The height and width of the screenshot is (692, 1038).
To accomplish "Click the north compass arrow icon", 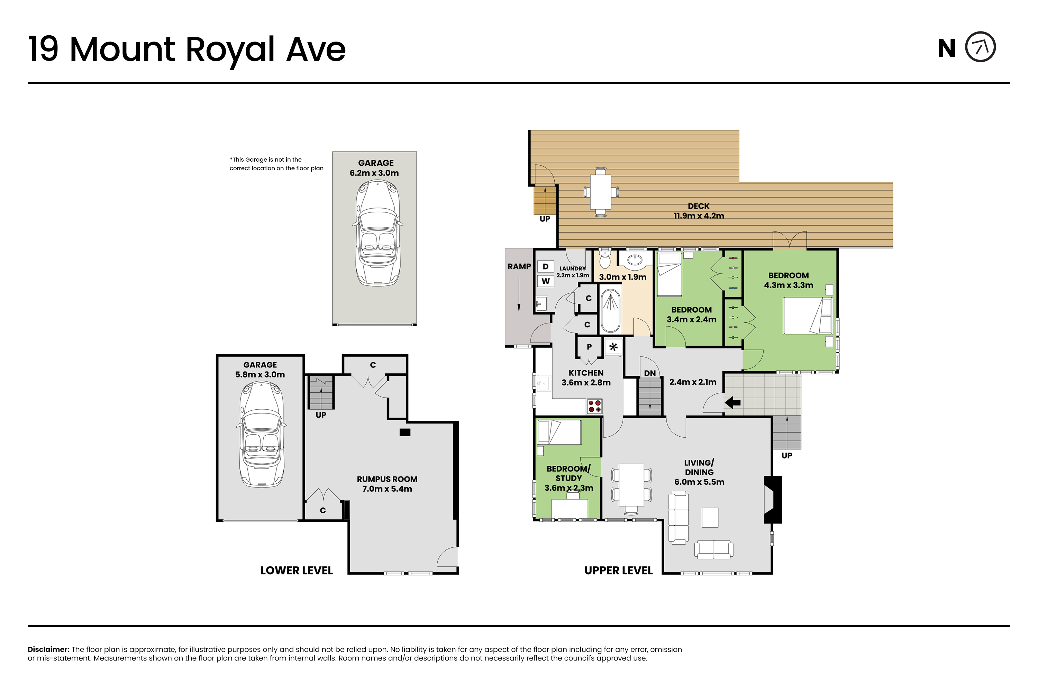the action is tap(980, 47).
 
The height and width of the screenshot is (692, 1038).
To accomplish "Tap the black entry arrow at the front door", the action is tap(732, 402).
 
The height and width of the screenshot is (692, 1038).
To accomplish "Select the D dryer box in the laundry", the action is tap(546, 266).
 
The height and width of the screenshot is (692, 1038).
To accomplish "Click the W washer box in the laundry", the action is tap(546, 281).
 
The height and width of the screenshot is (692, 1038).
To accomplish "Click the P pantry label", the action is tap(589, 347).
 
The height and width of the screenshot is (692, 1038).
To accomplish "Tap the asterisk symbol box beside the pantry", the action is tap(613, 347).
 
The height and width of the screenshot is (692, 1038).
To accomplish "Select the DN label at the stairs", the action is tap(650, 373).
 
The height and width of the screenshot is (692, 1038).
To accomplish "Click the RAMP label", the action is tap(519, 266).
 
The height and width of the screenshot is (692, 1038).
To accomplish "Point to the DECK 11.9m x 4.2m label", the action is tap(699, 211).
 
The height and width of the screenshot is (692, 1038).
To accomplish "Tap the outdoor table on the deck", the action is tap(601, 192).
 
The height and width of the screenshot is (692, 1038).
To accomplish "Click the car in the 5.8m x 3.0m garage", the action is tap(261, 435).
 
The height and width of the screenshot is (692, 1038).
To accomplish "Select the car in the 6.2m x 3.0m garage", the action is tap(378, 233).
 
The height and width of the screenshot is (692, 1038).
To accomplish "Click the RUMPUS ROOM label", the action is tap(387, 479).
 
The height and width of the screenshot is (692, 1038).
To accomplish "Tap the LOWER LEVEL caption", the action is tap(297, 571).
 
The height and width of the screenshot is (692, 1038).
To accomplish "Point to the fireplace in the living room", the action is tap(773, 500).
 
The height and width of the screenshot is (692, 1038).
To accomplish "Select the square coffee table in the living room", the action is tap(710, 518).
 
